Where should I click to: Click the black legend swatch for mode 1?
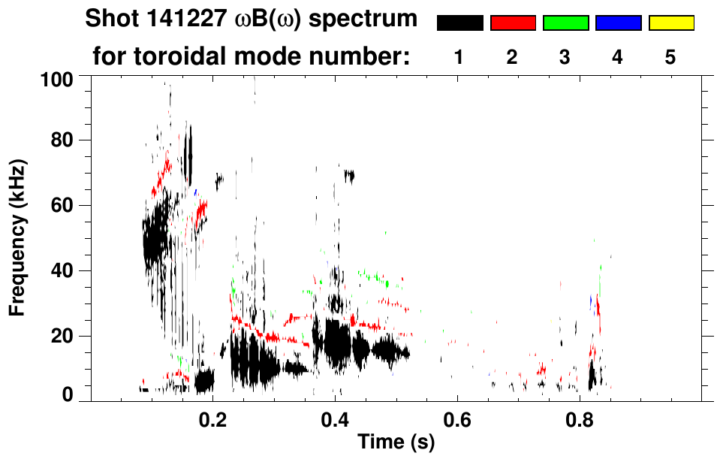460,23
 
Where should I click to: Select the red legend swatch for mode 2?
513,23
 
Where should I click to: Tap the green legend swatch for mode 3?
565,23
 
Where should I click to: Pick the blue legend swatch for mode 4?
618,23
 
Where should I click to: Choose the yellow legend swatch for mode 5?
670,23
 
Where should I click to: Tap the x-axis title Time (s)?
395,442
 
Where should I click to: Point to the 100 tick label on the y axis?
58,77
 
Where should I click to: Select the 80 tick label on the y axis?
62,140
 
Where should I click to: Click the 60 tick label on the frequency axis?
62,206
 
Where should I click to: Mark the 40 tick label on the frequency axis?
62,270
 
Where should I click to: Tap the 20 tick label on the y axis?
62,336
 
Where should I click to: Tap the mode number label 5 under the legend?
670,57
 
